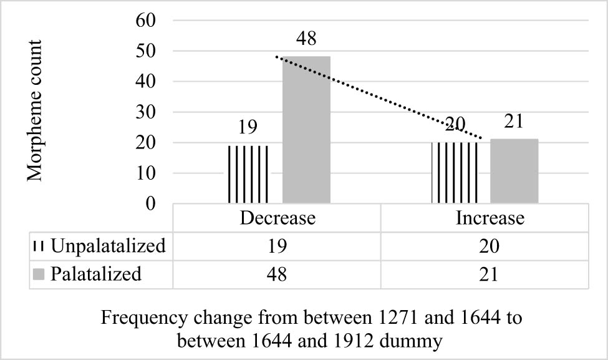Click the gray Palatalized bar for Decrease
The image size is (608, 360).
(x=306, y=130)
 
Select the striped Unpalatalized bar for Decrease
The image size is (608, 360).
(x=248, y=174)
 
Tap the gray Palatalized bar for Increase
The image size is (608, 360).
(x=514, y=171)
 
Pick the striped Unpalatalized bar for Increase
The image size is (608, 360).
(x=455, y=173)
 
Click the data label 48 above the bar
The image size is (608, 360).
(x=306, y=39)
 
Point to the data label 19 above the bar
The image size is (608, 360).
(x=248, y=129)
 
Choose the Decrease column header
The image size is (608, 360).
(x=277, y=219)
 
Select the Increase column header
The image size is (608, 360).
(x=490, y=219)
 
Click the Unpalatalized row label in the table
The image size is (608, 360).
(x=108, y=246)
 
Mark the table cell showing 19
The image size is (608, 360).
(x=277, y=246)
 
